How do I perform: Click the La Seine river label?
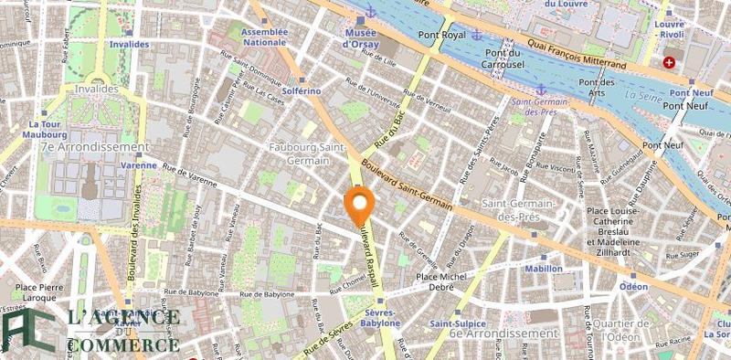pos(644,94)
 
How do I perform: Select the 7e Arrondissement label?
pos(94,146)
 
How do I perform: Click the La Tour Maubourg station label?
pos(44,130)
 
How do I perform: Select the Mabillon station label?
pos(544,269)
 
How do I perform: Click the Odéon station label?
pos(633,287)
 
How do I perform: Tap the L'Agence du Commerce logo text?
pos(123,331)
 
